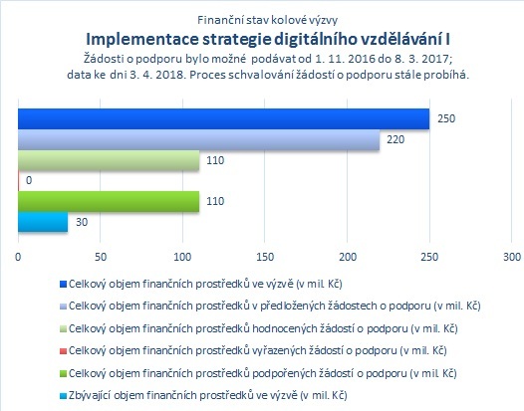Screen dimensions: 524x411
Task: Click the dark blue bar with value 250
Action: pyautogui.click(x=223, y=118)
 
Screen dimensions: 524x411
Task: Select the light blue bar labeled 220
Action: pyautogui.click(x=199, y=139)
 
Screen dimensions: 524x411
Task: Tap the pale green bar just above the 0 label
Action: pyautogui.click(x=109, y=160)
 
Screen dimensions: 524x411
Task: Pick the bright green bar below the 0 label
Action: pyautogui.click(x=109, y=201)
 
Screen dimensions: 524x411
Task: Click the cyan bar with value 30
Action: pyautogui.click(x=43, y=222)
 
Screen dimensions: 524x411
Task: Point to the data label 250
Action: pyautogui.click(x=446, y=118)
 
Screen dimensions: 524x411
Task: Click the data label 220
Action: pyautogui.click(x=395, y=139)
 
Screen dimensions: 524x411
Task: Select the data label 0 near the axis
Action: pyautogui.click(x=29, y=180)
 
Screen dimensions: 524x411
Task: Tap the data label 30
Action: pyautogui.click(x=82, y=222)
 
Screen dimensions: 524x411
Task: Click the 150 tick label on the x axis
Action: pyautogui.click(x=265, y=257)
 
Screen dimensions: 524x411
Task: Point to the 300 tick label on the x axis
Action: pyautogui.click(x=512, y=257)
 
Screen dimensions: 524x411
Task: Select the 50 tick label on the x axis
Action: pyautogui.click(x=101, y=257)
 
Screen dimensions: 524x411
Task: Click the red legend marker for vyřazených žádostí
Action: pyautogui.click(x=63, y=351)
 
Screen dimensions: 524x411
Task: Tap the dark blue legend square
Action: pyautogui.click(x=63, y=285)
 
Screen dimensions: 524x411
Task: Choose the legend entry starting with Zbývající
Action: pyautogui.click(x=208, y=396)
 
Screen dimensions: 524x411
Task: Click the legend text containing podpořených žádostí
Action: pyautogui.click(x=263, y=373)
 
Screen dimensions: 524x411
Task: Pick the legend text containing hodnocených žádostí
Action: pyautogui.click(x=263, y=328)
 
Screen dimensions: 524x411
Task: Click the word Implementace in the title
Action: pyautogui.click(x=142, y=40)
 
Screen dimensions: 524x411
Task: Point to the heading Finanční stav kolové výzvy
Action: pyautogui.click(x=267, y=20)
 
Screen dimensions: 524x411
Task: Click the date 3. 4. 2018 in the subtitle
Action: pyautogui.click(x=157, y=75)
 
